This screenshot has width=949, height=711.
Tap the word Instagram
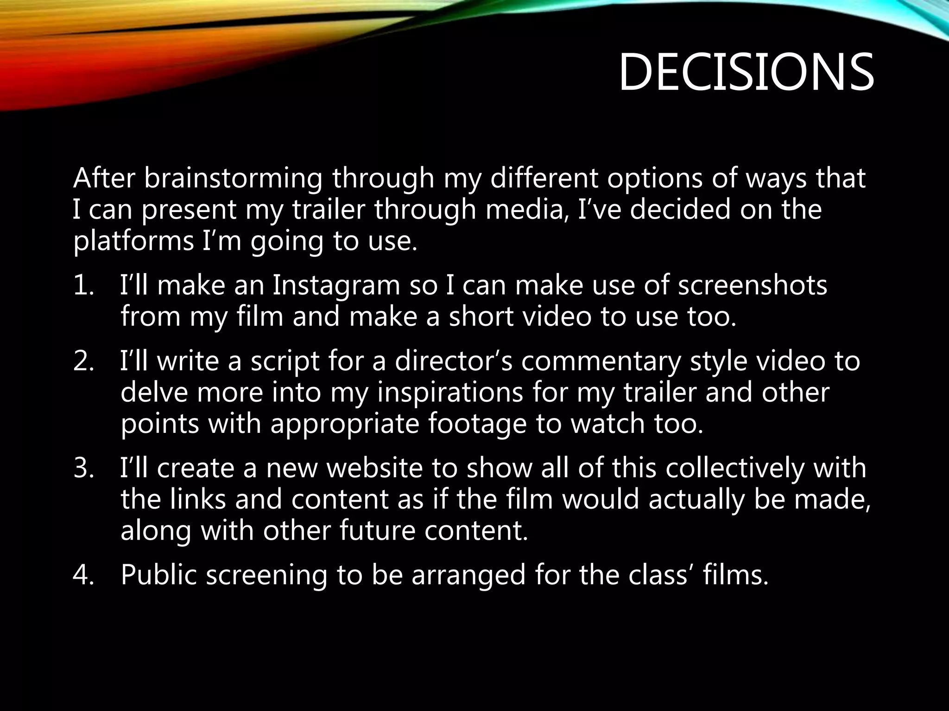(335, 285)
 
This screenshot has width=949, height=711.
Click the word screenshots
(753, 285)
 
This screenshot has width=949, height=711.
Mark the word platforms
(133, 242)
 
